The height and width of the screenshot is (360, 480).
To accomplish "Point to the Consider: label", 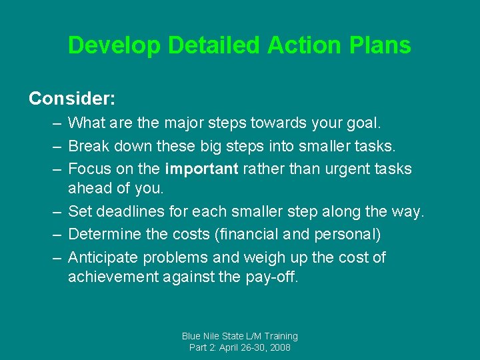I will (72, 99).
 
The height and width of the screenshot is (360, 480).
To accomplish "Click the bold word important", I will (201, 169).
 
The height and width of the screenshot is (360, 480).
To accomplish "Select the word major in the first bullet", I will (161, 123).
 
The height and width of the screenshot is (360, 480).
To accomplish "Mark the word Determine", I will (105, 235).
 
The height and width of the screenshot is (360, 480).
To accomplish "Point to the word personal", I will (347, 235).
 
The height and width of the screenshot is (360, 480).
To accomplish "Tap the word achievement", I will (113, 277).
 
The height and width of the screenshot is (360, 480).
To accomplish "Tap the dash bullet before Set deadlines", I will (54, 213).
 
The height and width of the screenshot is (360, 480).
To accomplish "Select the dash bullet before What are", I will (54, 123).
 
